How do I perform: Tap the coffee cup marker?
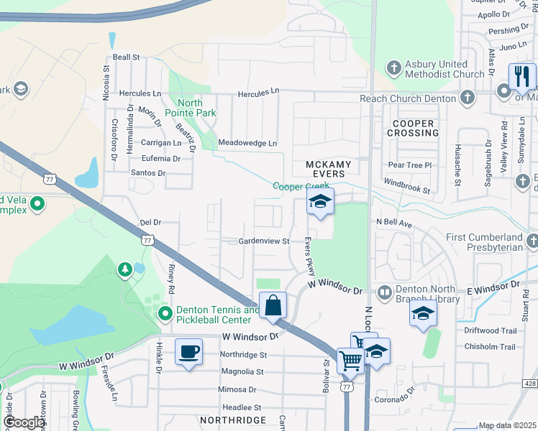pos(188,352)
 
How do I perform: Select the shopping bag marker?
pos(273,305)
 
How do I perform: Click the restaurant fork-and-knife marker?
pos(522,76)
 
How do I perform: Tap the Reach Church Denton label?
pos(409,98)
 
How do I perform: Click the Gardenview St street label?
pos(264,241)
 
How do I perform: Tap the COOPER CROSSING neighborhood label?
pos(414,128)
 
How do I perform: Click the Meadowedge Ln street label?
pos(247,143)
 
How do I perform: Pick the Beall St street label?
pos(126,57)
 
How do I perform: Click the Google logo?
pos(24,422)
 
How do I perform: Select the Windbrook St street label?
pos(406,186)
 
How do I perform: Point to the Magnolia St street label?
pos(242,371)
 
